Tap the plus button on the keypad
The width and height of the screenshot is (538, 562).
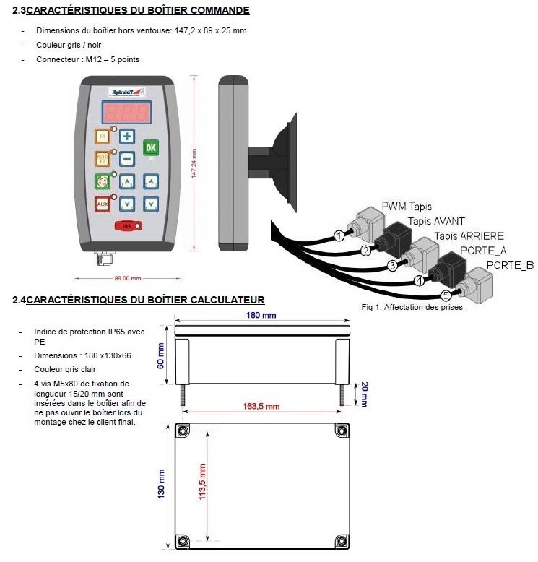[126, 136]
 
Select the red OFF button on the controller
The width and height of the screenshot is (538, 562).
[129, 226]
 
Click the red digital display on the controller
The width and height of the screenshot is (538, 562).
[126, 112]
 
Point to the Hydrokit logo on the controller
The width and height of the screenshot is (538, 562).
[126, 90]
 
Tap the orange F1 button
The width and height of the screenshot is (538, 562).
[103, 136]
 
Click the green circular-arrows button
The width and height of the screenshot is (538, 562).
[103, 181]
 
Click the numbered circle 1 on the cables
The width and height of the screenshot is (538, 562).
[338, 235]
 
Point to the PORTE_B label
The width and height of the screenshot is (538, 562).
[510, 265]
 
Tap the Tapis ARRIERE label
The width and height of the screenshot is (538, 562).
[469, 235]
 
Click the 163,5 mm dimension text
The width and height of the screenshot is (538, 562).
[261, 407]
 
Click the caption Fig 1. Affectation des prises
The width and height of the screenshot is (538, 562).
[412, 307]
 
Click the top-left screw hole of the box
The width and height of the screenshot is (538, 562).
[182, 431]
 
